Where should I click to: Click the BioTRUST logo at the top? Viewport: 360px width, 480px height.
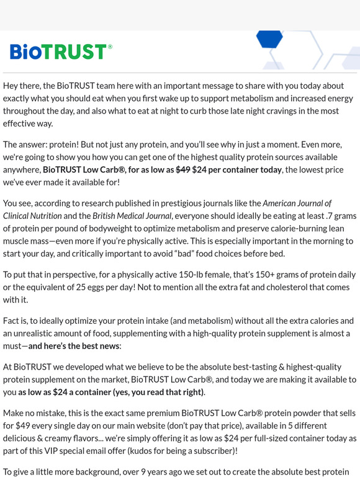pos(61,51)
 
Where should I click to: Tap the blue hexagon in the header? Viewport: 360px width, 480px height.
pos(269,39)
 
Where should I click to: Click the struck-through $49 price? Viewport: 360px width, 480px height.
pos(182,170)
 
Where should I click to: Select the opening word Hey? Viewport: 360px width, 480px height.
pos(12,86)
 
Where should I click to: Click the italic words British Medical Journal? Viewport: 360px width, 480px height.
pos(132,216)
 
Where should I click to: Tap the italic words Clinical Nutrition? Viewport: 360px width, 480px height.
pos(32,216)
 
